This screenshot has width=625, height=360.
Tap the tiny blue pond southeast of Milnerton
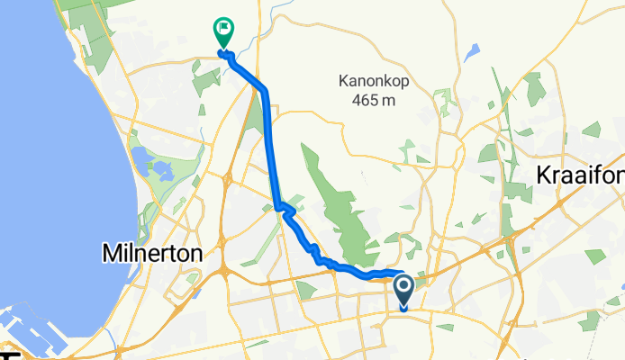point(192,278)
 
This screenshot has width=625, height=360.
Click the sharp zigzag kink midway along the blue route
point(285,211)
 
